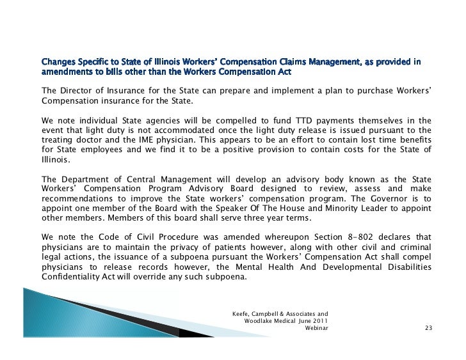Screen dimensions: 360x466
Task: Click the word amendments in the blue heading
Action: (x=65, y=72)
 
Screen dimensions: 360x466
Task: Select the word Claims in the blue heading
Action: (x=316, y=62)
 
